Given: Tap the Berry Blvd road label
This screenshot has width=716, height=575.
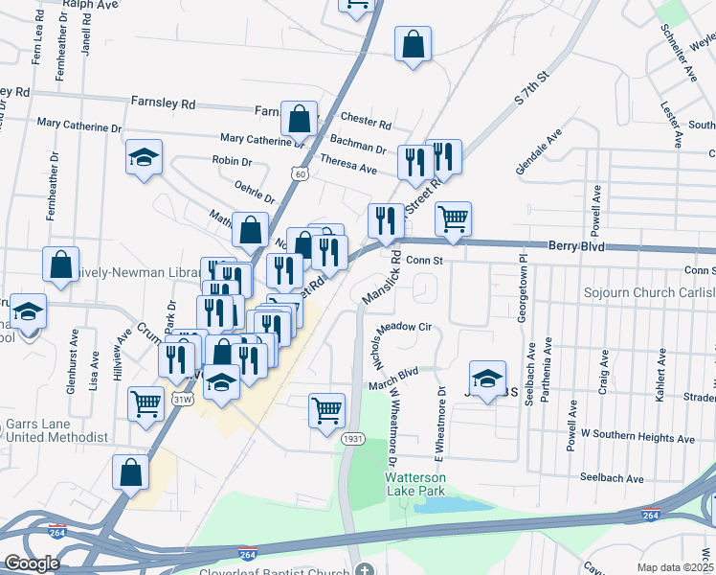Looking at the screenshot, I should click(x=576, y=246).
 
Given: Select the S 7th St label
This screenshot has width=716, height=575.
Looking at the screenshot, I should click(x=534, y=86).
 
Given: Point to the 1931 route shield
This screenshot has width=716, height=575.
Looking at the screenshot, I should click(x=352, y=438).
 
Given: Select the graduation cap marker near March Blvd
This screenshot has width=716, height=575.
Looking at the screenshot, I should click(x=487, y=377).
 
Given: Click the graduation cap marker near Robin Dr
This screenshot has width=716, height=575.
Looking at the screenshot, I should click(x=144, y=157).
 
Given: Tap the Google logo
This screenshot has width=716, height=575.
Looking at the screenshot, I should click(x=31, y=563).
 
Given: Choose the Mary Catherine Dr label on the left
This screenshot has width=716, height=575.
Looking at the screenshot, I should click(x=79, y=125).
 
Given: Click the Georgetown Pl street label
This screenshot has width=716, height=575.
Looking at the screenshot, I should click(x=523, y=283).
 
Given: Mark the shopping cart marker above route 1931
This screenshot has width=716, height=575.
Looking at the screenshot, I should click(x=326, y=410).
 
